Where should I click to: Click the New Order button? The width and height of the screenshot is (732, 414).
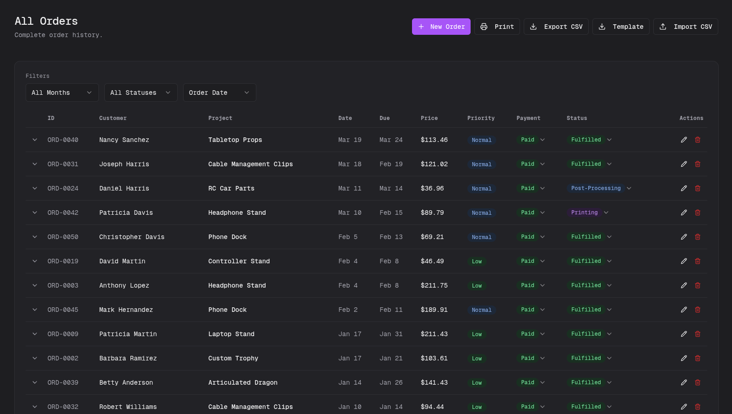coord(441,27)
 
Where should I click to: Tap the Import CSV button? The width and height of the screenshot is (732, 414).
coord(685,27)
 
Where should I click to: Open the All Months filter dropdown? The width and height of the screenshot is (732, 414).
coord(62,93)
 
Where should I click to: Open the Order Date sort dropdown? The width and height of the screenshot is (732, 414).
coord(219,93)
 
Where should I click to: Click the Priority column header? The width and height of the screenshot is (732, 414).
coord(481,118)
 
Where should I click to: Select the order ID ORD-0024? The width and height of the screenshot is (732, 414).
coord(63,188)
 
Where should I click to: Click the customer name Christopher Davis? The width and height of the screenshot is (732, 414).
coord(132,237)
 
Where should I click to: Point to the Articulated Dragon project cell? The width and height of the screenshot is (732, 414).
coord(243,382)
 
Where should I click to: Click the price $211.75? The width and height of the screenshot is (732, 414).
coord(434,285)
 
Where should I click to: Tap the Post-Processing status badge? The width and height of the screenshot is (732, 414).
coord(596,188)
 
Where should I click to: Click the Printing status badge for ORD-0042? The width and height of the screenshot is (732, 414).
coord(584,212)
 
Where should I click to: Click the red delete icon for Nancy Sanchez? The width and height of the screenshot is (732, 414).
coord(698,140)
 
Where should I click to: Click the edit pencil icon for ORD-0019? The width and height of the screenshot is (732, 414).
coord(684,261)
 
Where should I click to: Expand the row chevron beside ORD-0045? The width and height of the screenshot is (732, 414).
coord(35,310)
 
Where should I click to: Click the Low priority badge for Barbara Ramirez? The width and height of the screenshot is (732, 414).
coord(477,359)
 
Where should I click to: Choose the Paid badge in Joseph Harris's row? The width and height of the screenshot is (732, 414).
coord(527,164)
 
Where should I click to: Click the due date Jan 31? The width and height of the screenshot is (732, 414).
coord(391,334)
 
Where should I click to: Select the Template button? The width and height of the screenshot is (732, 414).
coord(621,27)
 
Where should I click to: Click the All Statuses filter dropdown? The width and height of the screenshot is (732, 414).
coord(141,93)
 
